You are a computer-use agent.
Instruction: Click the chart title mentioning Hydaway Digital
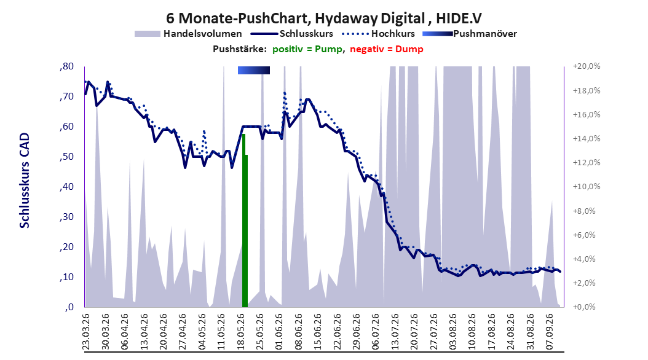(x=324, y=18)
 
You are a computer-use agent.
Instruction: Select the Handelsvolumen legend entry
(x=189, y=34)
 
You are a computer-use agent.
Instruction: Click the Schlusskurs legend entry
(x=292, y=34)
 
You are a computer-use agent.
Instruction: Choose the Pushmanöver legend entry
(x=470, y=34)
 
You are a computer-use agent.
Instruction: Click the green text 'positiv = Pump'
(x=307, y=49)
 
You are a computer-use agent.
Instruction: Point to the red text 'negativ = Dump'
(x=387, y=49)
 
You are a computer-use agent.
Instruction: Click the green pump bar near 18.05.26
(x=245, y=221)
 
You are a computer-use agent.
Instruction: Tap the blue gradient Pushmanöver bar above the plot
(x=254, y=70)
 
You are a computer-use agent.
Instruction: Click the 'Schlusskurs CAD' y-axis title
(x=25, y=181)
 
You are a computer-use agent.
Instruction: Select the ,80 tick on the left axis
(x=66, y=66)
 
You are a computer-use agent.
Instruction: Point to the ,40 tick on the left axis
(x=66, y=187)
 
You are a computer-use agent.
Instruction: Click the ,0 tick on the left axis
(x=69, y=307)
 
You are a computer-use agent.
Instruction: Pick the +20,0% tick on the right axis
(x=587, y=66)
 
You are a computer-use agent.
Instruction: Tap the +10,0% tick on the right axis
(x=587, y=187)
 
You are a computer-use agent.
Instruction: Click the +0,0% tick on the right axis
(x=584, y=307)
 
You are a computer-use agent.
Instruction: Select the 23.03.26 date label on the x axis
(x=86, y=332)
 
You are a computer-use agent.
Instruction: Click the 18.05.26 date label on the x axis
(x=241, y=332)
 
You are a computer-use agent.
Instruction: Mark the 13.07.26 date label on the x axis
(x=395, y=332)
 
